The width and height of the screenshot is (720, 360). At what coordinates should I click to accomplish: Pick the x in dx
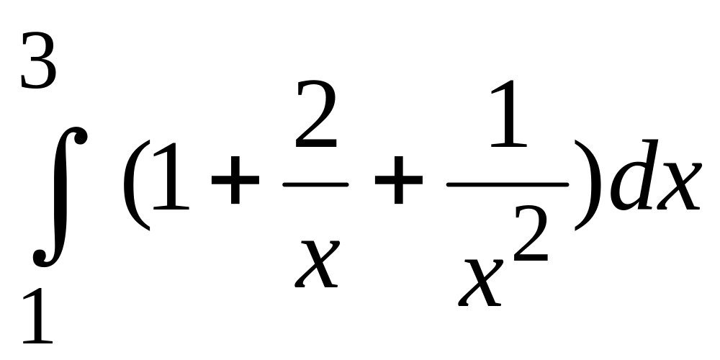676,189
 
